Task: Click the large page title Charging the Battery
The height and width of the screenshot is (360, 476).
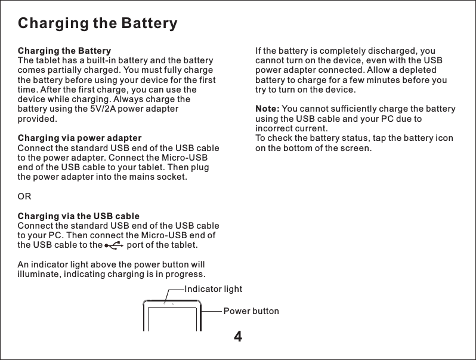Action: click(98, 24)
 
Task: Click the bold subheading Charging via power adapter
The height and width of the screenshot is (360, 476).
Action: click(79, 138)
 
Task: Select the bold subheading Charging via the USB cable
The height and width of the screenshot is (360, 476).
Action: click(79, 216)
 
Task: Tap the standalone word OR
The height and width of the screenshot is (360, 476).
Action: click(25, 196)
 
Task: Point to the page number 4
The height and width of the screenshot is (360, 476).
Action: click(238, 337)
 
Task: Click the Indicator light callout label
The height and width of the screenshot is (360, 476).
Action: click(214, 289)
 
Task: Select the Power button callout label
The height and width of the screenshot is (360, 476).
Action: click(251, 311)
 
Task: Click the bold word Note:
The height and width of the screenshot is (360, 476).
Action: click(267, 109)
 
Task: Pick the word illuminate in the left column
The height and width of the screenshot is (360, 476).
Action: click(41, 274)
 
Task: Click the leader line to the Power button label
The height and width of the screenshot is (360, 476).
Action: click(211, 311)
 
